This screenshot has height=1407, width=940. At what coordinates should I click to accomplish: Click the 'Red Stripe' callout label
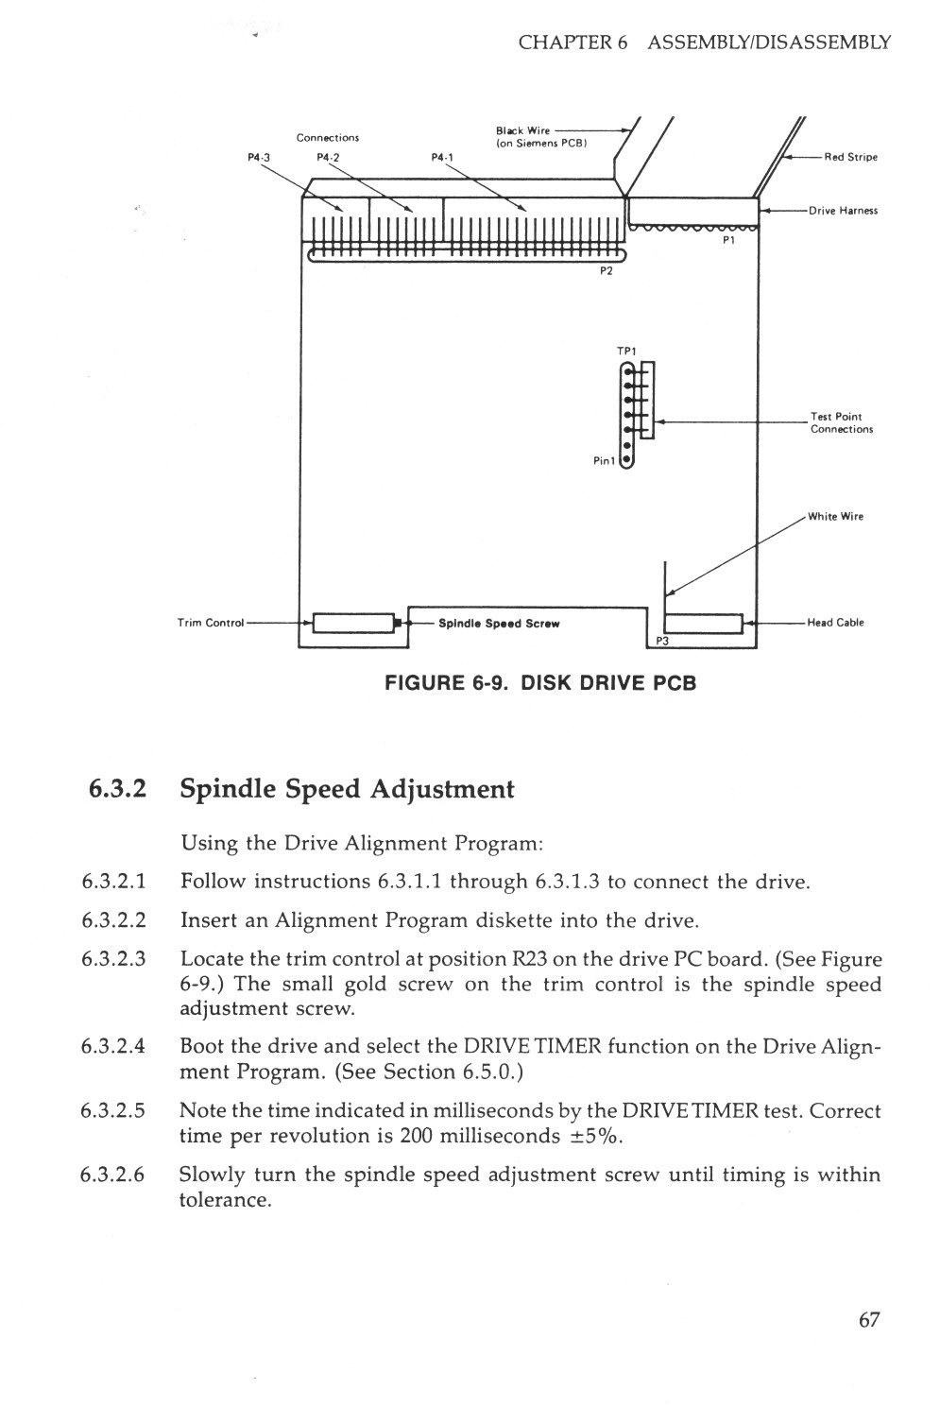click(x=850, y=157)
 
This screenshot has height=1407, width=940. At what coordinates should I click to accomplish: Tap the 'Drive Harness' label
click(x=843, y=211)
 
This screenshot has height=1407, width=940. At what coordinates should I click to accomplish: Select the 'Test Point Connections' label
click(x=835, y=422)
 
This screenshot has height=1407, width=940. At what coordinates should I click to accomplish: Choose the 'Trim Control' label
click(x=211, y=623)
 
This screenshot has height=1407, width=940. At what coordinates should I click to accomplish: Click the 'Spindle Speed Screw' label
click(x=500, y=624)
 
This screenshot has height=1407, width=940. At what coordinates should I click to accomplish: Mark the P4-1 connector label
click(x=442, y=158)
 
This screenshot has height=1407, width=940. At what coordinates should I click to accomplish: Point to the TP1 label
click(x=626, y=352)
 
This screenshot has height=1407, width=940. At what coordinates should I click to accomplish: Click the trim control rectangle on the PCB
click(x=352, y=624)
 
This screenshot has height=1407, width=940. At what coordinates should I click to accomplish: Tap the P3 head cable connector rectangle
click(x=704, y=624)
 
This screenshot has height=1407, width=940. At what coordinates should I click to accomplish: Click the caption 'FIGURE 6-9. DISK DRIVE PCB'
click(x=539, y=682)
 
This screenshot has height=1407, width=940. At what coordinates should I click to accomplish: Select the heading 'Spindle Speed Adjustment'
click(x=347, y=789)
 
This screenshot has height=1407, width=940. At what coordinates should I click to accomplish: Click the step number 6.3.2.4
click(x=113, y=1047)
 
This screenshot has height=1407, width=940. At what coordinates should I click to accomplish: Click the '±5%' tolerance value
click(x=594, y=1136)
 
